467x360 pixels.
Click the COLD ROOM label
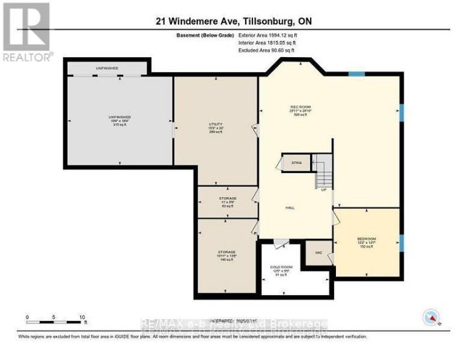tap(282, 270)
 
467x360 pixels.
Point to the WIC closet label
tap(318, 252)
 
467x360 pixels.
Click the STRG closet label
tap(297, 163)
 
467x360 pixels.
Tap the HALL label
tap(290, 208)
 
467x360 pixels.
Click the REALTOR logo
tap(27, 32)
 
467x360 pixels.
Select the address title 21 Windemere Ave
tap(233, 21)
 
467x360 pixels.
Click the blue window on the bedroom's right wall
tap(402, 243)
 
